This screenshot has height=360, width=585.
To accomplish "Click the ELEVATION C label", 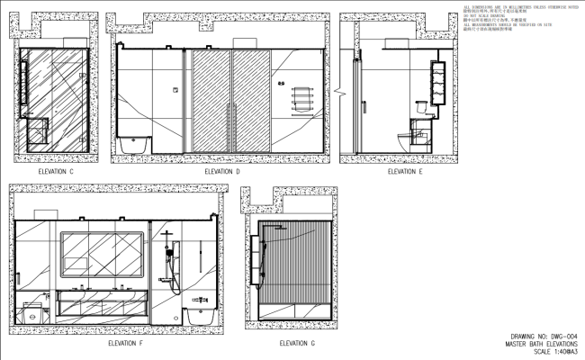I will click(56, 171).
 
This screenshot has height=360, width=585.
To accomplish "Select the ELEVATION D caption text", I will click(222, 171).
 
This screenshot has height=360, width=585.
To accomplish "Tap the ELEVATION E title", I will click(405, 171).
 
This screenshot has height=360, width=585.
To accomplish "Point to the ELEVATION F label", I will click(125, 343).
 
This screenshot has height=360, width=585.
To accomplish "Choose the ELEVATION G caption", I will click(297, 343).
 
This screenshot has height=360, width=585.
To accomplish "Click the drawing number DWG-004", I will click(539, 337).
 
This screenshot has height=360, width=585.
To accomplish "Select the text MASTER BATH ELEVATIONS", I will click(540, 344).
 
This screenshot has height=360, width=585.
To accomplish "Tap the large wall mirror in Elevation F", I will click(102, 254).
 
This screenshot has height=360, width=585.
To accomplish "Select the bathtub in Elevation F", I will click(199, 317).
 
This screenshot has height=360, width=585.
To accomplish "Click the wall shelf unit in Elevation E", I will click(441, 81).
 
